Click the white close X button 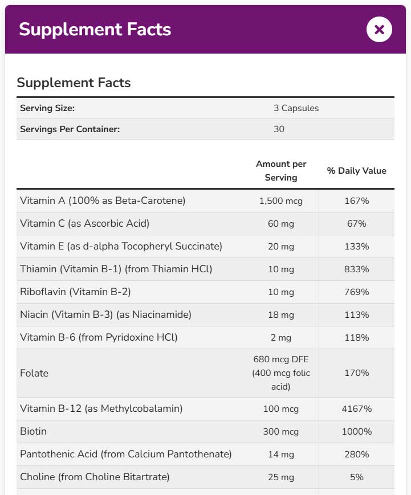tap(379, 29)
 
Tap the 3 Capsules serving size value tap(296, 108)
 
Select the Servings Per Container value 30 tap(279, 129)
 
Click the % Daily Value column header tap(356, 171)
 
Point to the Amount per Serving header tap(281, 170)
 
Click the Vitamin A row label tap(103, 201)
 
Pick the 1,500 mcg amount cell tap(281, 201)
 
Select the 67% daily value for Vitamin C tap(356, 224)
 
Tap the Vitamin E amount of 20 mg tap(281, 247)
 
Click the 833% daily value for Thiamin tap(356, 269)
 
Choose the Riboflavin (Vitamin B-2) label tap(75, 292)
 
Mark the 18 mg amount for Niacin tap(281, 315)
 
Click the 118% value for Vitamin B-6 tap(356, 338)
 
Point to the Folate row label tap(34, 373)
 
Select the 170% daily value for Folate tap(356, 373)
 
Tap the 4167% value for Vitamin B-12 tap(356, 409)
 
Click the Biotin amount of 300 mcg tap(281, 432)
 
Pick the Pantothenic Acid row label tap(125, 454)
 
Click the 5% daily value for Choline tap(356, 477)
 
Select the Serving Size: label tap(47, 108)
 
